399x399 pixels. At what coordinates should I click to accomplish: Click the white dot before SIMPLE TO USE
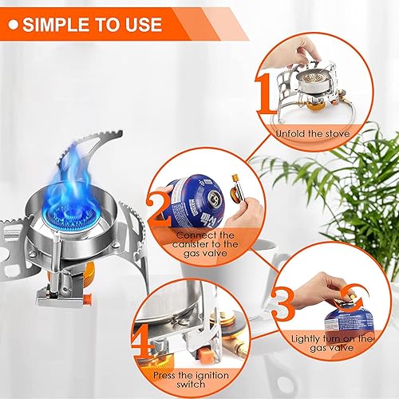tap(13, 24)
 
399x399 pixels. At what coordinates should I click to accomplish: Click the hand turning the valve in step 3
tap(336, 282)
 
